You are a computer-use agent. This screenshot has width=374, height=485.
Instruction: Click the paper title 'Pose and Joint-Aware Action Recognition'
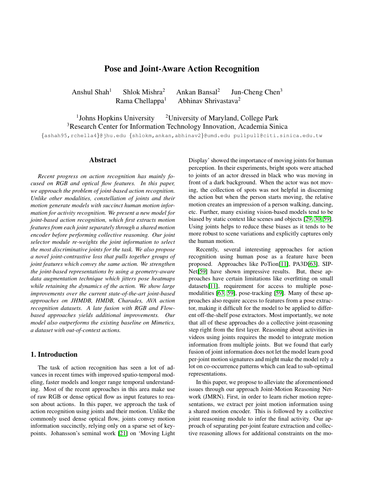tap(181, 69)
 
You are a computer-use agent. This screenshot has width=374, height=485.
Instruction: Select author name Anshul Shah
tap(90, 92)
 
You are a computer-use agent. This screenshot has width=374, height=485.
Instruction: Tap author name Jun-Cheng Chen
tap(255, 92)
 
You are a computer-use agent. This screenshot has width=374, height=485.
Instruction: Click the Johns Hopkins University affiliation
tap(116, 118)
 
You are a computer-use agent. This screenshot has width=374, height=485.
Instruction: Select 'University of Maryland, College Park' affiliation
tap(223, 118)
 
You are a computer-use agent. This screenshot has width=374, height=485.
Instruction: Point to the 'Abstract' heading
tap(103, 160)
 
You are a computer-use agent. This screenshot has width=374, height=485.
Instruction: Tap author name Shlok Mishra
tap(143, 92)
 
